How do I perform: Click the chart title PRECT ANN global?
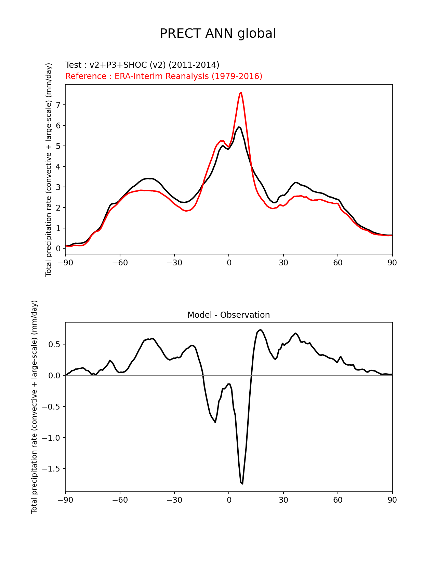click(218, 34)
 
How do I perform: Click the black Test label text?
click(142, 65)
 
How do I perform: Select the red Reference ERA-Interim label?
click(164, 76)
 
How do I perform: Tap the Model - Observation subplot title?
click(228, 315)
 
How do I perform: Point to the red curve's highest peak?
click(241, 92)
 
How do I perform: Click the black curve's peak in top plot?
click(239, 127)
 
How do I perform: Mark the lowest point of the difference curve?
click(242, 484)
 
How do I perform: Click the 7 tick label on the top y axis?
click(58, 105)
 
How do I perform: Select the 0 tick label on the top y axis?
click(58, 249)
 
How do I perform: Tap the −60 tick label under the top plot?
click(120, 263)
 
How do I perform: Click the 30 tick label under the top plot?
click(283, 263)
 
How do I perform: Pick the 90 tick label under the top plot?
click(392, 263)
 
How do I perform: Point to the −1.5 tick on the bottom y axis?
click(51, 469)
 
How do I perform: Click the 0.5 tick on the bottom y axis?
click(54, 344)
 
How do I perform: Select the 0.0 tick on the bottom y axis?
click(54, 376)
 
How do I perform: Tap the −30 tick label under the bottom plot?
click(174, 500)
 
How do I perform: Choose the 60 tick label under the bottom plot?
click(338, 500)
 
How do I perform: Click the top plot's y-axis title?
click(49, 169)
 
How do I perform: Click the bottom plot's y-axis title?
click(34, 407)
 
